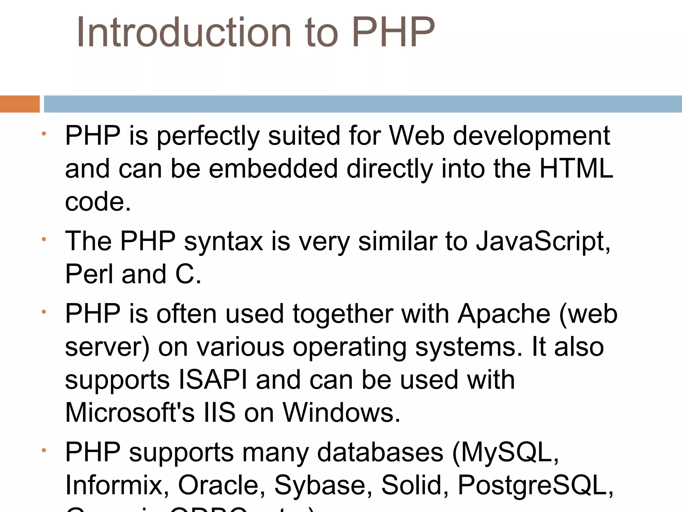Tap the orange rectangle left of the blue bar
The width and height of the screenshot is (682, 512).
20,104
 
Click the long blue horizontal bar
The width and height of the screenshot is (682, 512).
363,104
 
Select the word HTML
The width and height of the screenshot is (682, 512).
576,169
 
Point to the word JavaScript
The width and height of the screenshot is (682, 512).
543,241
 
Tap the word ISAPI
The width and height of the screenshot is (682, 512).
213,380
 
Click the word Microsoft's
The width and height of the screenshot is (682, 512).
130,413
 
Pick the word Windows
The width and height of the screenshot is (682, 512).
341,413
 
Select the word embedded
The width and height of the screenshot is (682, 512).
273,169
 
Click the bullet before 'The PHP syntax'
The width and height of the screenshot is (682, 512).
44,239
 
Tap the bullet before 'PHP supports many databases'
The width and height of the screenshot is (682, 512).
44,451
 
